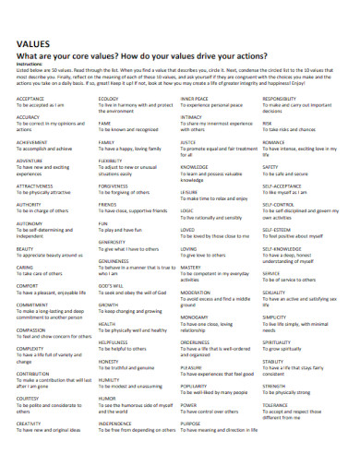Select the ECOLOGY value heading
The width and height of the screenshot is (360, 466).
108,99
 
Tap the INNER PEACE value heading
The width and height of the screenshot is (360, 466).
194,99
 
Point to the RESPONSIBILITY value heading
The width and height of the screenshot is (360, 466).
279,99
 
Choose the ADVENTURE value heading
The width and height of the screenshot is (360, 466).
30,161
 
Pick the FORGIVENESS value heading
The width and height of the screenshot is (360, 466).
113,184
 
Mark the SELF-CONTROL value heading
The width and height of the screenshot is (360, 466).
279,203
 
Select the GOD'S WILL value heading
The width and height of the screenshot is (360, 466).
111,285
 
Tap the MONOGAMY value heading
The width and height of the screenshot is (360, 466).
195,317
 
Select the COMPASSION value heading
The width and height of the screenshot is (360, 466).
30,329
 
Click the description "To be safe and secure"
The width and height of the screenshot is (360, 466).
285,173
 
